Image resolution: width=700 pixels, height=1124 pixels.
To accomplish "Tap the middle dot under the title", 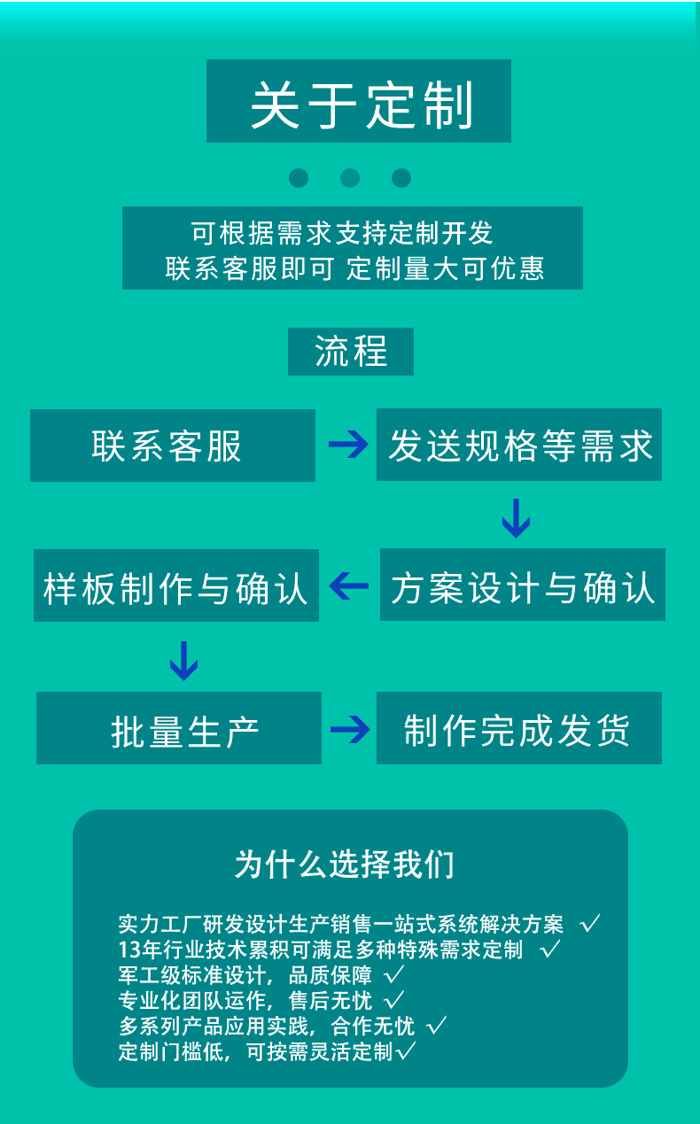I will pyautogui.click(x=350, y=178).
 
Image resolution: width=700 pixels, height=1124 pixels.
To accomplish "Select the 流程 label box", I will pyautogui.click(x=351, y=352).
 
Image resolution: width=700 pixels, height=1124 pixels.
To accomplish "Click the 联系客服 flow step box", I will pyautogui.click(x=173, y=446).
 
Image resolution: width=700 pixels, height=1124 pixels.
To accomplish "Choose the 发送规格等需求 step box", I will pyautogui.click(x=519, y=445).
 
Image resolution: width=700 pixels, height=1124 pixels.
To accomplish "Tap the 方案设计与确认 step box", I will pyautogui.click(x=523, y=585).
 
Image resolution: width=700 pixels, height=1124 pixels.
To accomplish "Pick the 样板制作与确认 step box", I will pyautogui.click(x=176, y=585).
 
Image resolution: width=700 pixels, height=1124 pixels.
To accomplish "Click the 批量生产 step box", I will pyautogui.click(x=179, y=728).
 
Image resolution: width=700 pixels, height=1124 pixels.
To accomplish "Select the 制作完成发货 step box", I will pyautogui.click(x=519, y=728).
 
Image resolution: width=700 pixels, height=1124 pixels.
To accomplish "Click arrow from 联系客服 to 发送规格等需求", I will pyautogui.click(x=346, y=445).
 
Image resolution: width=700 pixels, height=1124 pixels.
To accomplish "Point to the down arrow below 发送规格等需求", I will pyautogui.click(x=516, y=518).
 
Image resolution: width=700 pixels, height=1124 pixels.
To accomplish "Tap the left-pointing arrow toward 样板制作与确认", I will pyautogui.click(x=348, y=585).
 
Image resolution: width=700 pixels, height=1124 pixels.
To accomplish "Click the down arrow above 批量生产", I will pyautogui.click(x=183, y=660).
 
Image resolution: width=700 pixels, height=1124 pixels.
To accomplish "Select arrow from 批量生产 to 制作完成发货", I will pyautogui.click(x=349, y=729).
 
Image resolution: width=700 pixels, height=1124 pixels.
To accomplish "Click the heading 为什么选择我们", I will pyautogui.click(x=345, y=864).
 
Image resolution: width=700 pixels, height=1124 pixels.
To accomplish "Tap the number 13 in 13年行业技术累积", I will pyautogui.click(x=128, y=950).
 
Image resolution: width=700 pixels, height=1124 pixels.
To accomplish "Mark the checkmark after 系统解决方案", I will pyautogui.click(x=590, y=925).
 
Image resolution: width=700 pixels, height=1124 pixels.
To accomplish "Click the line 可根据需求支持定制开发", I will pyautogui.click(x=342, y=233).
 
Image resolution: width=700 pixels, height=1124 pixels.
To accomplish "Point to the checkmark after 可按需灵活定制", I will pyautogui.click(x=406, y=1052).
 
